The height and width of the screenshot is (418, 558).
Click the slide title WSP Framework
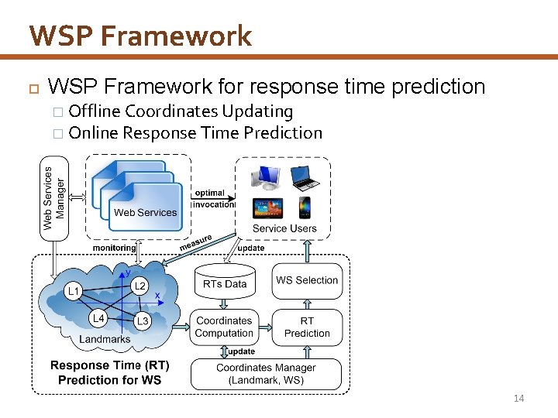[140, 36]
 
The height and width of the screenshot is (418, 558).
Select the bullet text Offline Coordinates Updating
[181, 111]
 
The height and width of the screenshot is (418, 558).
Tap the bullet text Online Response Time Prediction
[195, 133]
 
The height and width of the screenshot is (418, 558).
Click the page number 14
[518, 399]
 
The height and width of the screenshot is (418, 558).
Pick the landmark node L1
[73, 292]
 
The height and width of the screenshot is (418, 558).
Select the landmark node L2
[139, 286]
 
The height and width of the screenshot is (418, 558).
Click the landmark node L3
[142, 320]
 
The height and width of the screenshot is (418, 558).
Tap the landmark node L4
[98, 317]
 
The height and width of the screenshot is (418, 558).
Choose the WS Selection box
[307, 280]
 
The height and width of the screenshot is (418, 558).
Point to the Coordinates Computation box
[224, 327]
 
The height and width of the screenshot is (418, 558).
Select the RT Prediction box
[307, 327]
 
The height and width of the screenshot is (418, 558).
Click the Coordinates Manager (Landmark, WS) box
[266, 374]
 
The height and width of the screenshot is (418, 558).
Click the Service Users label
[284, 228]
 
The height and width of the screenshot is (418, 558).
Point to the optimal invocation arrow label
[211, 199]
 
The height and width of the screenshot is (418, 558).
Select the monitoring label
[114, 248]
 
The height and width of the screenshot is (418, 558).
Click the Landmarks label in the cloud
[105, 339]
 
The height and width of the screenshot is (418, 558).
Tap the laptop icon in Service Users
[305, 178]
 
